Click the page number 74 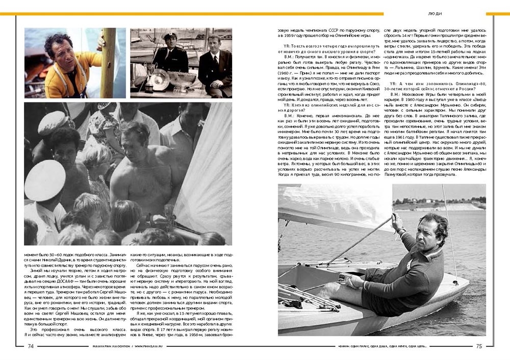tap(31, 346)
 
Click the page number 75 tap(479, 346)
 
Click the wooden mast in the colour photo tap(108, 61)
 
